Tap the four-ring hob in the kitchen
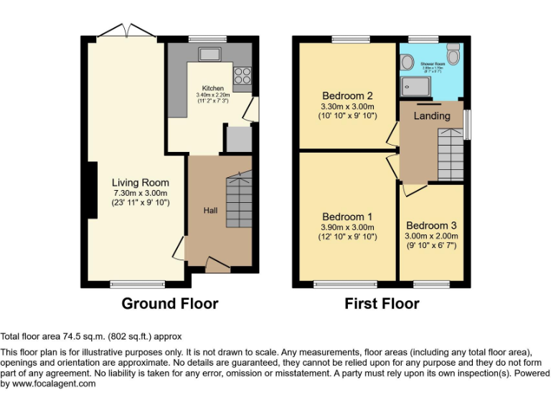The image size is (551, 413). pyautogui.click(x=242, y=74)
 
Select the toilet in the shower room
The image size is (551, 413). pyautogui.click(x=453, y=54)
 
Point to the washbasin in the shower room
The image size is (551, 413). pyautogui.click(x=408, y=62)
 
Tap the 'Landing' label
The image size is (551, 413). pyautogui.click(x=433, y=115)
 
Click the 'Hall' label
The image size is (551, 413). pyautogui.click(x=211, y=210)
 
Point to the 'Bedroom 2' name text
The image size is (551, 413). pyautogui.click(x=347, y=96)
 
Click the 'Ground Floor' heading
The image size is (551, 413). pyautogui.click(x=170, y=303)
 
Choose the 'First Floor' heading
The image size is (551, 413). pyautogui.click(x=382, y=303)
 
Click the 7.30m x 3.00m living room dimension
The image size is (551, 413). pyautogui.click(x=141, y=193)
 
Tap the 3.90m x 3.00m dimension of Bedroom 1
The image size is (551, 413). pyautogui.click(x=347, y=227)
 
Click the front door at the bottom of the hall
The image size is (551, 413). pyautogui.click(x=218, y=263)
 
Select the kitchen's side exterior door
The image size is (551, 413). pyautogui.click(x=249, y=110)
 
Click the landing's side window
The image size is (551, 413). pyautogui.click(x=468, y=125)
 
